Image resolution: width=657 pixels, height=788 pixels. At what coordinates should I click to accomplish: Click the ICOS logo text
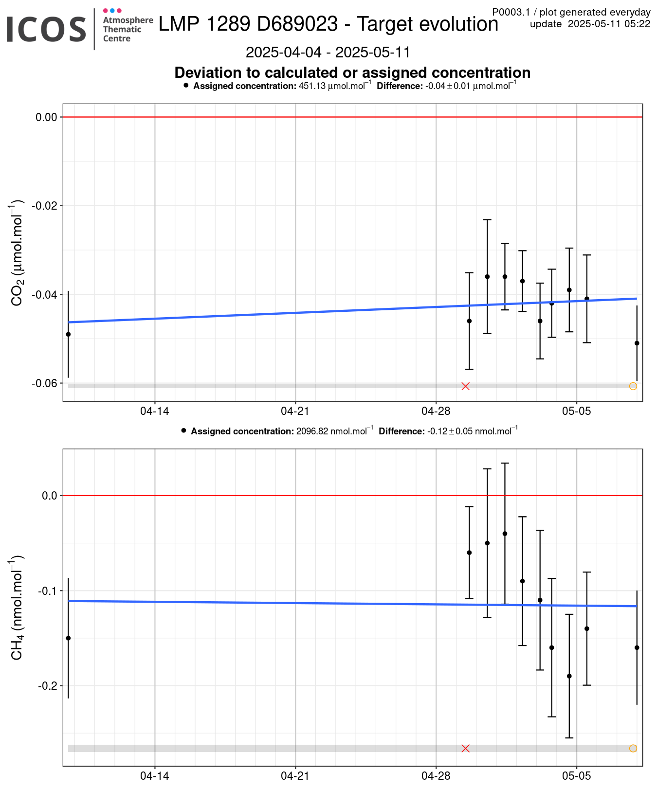coord(46,29)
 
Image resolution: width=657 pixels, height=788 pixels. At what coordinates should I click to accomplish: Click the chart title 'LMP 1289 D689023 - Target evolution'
coord(328,24)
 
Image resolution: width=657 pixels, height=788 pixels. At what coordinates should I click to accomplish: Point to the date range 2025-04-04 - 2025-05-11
coord(328,52)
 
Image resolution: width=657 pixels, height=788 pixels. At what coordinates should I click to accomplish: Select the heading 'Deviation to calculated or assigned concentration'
coord(352,72)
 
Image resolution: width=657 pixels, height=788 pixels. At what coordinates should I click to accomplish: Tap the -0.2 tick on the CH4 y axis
coord(48,686)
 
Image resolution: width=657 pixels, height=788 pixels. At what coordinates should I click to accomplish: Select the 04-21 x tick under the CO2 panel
coord(295,411)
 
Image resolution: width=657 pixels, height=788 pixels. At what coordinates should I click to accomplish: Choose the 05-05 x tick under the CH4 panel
coord(576,776)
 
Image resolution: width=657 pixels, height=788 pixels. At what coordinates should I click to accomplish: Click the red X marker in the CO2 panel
coord(465,386)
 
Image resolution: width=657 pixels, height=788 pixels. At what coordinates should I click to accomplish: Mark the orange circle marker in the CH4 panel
coord(633,748)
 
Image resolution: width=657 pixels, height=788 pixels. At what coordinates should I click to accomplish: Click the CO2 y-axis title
coord(17,252)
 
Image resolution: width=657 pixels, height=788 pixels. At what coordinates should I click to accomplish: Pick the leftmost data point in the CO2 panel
coord(68,334)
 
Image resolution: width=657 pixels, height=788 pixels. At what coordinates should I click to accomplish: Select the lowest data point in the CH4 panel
coord(569,676)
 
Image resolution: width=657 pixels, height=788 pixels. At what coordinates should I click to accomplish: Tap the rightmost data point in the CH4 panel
coord(637,647)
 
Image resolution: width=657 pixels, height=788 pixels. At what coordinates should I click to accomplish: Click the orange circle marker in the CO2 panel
coord(633,386)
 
